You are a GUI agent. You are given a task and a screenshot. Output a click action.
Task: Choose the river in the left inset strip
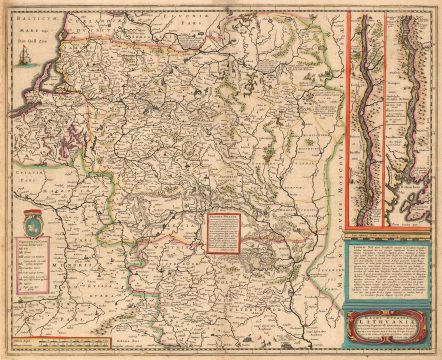(x=365, y=120)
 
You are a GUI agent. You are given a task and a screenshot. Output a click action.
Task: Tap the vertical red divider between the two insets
(x=383, y=120)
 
